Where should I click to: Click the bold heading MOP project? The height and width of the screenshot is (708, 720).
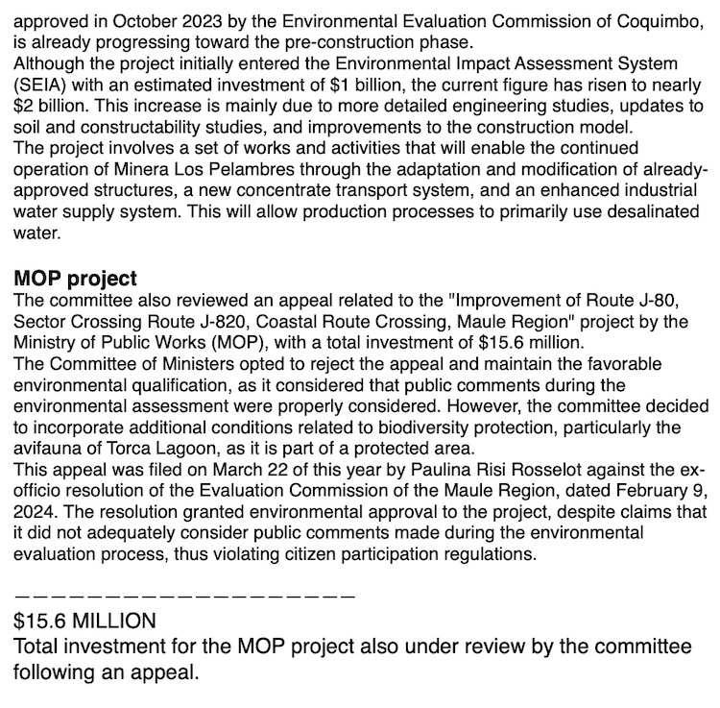pos(76,279)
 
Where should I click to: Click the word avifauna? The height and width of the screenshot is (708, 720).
pos(49,449)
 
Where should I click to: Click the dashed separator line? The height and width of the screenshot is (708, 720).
pos(185,597)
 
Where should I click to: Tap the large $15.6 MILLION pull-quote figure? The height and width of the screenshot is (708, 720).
pos(84,622)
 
